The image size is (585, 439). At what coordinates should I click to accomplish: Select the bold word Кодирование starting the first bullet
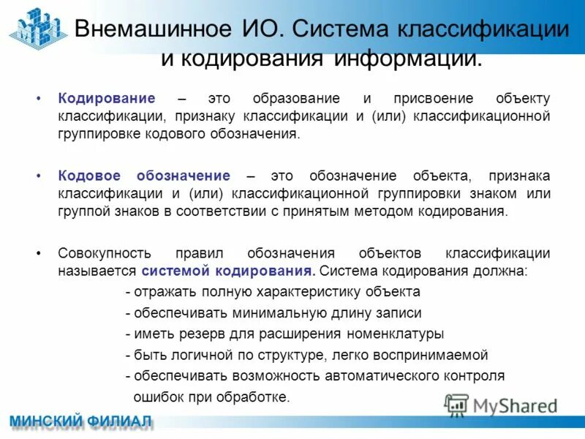tap(107, 98)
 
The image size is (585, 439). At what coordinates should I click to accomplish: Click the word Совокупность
tap(105, 253)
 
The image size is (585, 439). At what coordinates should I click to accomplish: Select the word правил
tap(200, 253)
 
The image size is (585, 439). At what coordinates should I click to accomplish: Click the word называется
tap(97, 271)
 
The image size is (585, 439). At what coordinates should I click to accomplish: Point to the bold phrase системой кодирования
tap(228, 271)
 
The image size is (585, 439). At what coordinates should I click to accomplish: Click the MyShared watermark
tap(502, 405)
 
